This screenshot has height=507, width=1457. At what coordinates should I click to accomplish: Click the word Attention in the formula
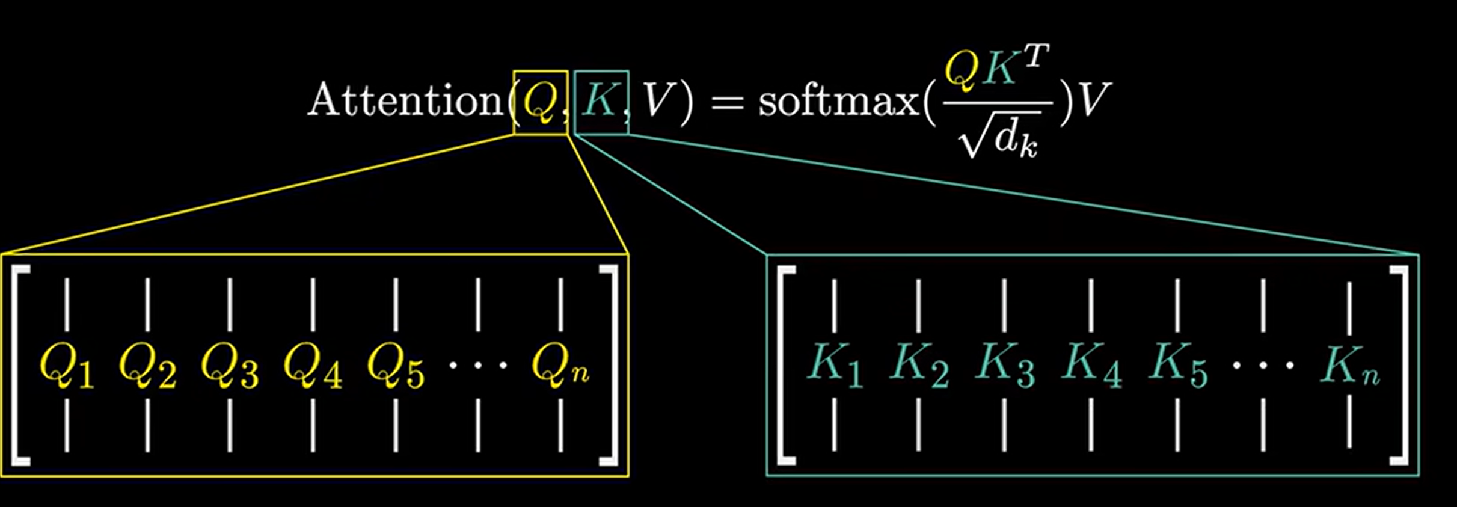click(x=404, y=100)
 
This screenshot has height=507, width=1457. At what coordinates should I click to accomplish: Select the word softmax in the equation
click(x=838, y=100)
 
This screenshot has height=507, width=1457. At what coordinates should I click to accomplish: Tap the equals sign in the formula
click(x=728, y=101)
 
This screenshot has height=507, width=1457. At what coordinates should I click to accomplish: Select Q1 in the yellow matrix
click(x=66, y=366)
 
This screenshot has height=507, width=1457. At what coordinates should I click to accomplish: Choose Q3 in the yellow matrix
click(x=230, y=366)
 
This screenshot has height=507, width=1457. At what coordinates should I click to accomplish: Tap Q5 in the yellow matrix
click(x=395, y=366)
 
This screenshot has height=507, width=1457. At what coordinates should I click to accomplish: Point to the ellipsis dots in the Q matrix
click(x=478, y=364)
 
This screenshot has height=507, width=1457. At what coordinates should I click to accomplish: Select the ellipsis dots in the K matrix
click(x=1263, y=364)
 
